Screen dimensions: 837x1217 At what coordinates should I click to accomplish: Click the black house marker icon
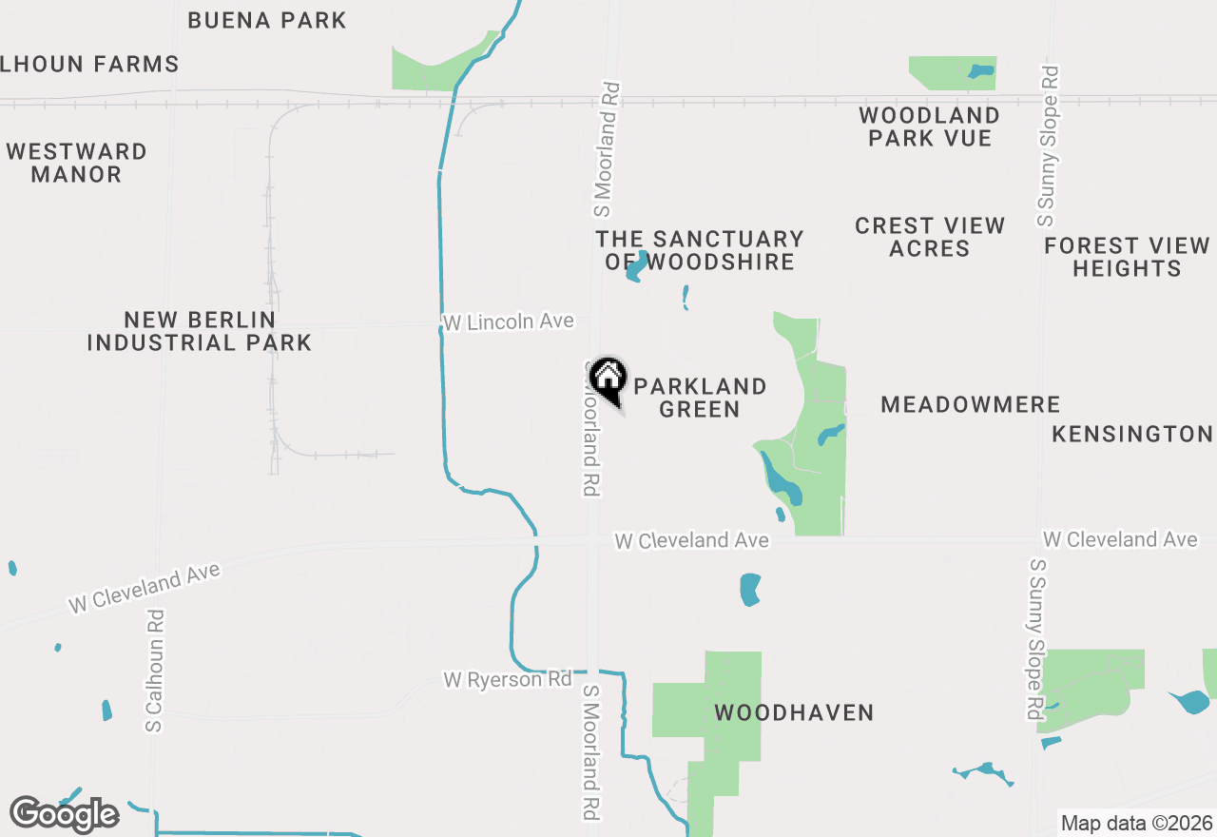[608, 379]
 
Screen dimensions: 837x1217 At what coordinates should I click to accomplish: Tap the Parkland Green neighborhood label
[700, 398]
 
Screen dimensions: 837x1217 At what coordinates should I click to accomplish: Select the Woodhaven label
[794, 712]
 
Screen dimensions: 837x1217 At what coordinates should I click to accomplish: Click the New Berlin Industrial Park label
[200, 331]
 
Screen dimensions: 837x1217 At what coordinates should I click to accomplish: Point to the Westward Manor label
[76, 163]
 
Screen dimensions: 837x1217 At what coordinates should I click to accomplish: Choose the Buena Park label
[267, 20]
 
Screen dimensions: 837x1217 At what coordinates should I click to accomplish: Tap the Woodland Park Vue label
[929, 127]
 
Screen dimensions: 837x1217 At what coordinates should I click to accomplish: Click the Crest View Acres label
[929, 237]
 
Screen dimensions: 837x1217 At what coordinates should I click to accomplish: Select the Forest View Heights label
[1127, 257]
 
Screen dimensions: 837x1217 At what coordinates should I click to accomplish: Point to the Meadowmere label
[970, 405]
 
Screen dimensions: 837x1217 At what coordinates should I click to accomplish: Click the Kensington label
[1132, 434]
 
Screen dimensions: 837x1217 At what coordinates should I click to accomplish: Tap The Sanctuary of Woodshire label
[700, 250]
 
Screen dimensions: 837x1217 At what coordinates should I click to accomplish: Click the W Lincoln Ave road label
[509, 322]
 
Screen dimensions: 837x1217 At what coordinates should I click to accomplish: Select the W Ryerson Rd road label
[507, 680]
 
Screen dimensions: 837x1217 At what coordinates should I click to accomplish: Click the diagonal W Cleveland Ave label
[144, 588]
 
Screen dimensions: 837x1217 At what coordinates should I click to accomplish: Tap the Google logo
[64, 814]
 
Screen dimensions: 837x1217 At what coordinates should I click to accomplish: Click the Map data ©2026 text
[1136, 823]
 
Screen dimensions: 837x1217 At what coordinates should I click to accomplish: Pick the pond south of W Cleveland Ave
[750, 590]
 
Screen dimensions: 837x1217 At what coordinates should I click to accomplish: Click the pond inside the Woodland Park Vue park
[980, 70]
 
